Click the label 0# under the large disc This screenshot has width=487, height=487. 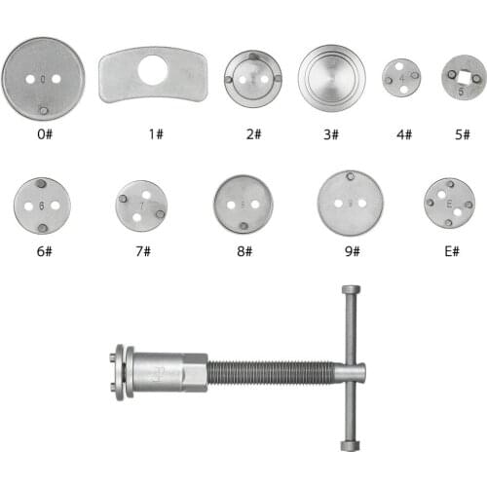tap(43, 133)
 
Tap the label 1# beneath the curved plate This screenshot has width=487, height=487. tap(155, 133)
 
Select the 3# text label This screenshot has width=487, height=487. tap(332, 133)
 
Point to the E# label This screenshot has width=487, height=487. tap(450, 251)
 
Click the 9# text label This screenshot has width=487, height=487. tap(351, 251)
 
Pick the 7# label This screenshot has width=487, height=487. tap(142, 251)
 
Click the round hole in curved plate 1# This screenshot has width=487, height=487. tap(153, 70)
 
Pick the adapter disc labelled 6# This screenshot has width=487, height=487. tap(42, 206)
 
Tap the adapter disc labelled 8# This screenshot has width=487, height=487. tap(243, 204)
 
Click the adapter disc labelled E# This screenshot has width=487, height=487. tap(449, 203)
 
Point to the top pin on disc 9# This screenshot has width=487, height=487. tap(350, 177)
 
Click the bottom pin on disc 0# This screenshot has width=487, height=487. tap(42, 109)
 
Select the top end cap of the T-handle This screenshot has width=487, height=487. tap(350, 291)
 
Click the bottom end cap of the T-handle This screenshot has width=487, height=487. tap(350, 444)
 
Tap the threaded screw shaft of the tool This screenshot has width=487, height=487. tap(273, 372)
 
